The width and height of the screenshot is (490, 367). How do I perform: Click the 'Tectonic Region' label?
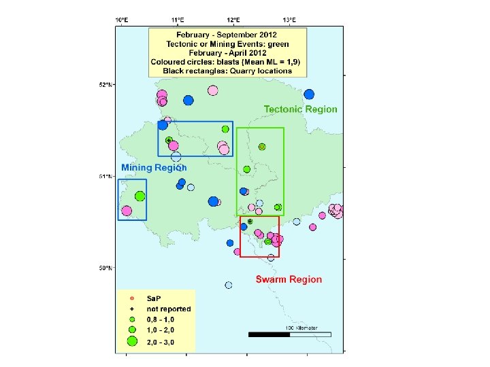click(300, 109)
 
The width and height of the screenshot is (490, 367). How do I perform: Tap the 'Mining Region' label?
click(154, 167)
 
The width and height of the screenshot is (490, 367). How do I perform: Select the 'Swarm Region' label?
click(289, 279)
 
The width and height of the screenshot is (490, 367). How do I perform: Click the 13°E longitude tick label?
click(289, 20)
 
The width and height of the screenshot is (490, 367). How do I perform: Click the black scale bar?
click(269, 334)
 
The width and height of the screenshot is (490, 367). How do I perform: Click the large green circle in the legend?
click(132, 341)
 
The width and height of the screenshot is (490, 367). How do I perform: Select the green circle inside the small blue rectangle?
click(140, 196)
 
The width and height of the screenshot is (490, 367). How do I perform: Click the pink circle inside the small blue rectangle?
click(127, 211)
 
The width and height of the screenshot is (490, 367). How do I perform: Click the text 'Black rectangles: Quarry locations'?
click(228, 71)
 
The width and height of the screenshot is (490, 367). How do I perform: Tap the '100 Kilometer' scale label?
click(301, 328)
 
